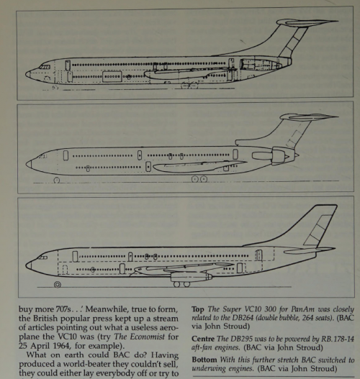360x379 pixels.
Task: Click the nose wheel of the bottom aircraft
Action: [58, 285]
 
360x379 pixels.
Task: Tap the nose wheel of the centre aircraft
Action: [57, 181]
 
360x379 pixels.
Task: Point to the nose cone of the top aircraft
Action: [28, 74]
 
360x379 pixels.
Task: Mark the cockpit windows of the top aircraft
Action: [45, 67]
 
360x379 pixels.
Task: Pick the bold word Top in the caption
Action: [198, 309]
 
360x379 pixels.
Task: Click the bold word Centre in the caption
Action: [203, 339]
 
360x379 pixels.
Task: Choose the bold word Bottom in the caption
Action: [204, 360]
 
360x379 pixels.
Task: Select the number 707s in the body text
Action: [65, 309]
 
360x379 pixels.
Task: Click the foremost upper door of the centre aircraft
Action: [66, 155]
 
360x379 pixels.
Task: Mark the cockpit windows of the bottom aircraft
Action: [43, 257]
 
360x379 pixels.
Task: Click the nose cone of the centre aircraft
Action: [29, 165]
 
